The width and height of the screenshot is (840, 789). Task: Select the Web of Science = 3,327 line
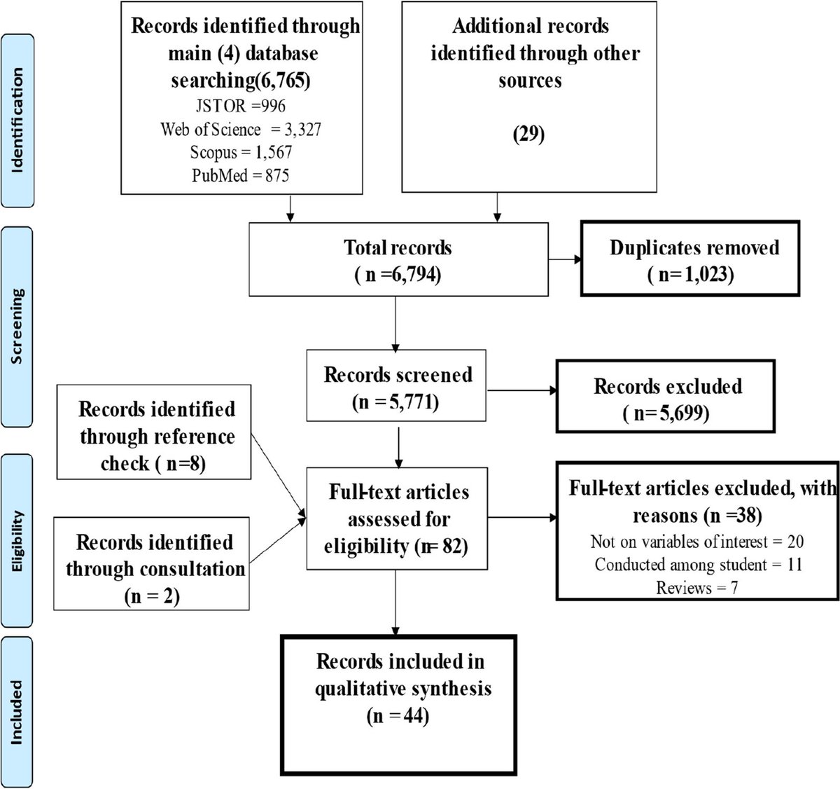coord(241,130)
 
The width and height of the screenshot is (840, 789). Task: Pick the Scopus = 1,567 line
coord(241,152)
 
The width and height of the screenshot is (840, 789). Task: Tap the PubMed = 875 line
coord(241,175)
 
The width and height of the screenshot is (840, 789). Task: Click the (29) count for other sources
coord(529,133)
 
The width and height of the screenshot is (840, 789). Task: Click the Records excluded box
coord(668,399)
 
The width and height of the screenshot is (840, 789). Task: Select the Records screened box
coord(398,387)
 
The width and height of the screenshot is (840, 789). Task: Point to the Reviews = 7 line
coord(696,587)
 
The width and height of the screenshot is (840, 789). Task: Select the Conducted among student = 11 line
coord(696,565)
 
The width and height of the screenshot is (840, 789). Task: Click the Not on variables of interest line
coord(696,542)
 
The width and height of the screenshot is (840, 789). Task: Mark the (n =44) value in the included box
coord(398,716)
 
